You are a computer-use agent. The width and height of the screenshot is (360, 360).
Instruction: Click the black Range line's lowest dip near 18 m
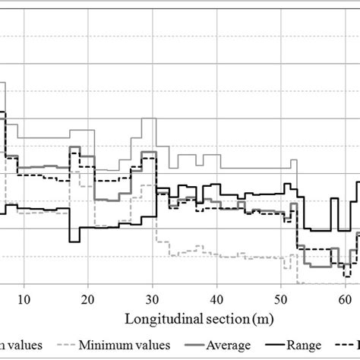74,242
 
